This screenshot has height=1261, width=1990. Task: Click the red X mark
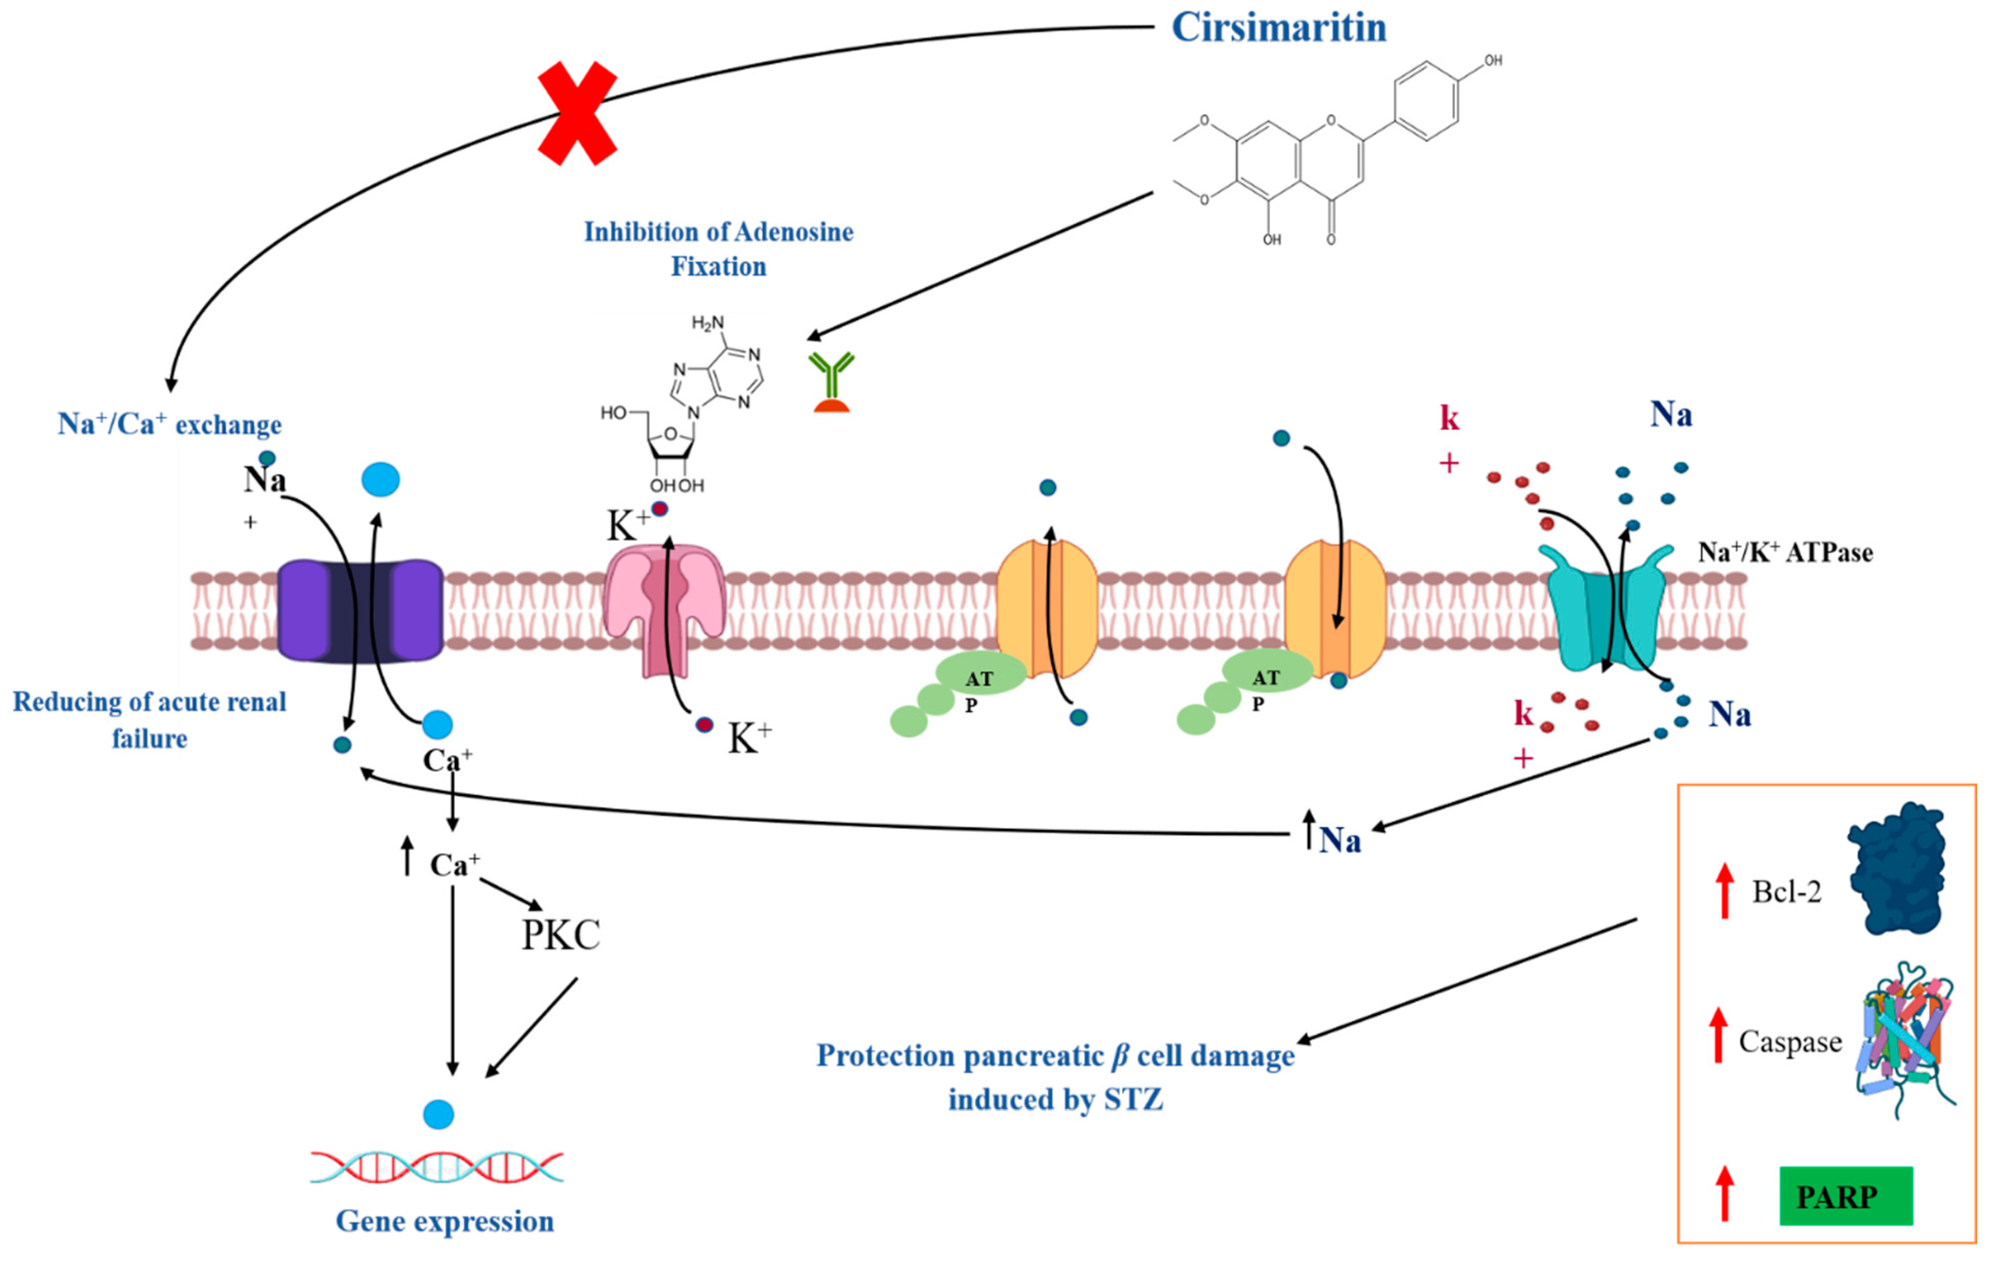(577, 113)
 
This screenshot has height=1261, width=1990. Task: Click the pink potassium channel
(665, 607)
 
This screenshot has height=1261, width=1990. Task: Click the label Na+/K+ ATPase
(1785, 552)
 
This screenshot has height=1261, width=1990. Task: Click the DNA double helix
(436, 1167)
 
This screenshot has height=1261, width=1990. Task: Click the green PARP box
(1845, 1196)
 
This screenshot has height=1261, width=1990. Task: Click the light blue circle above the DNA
(438, 1114)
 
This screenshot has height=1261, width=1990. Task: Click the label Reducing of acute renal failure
(149, 719)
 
